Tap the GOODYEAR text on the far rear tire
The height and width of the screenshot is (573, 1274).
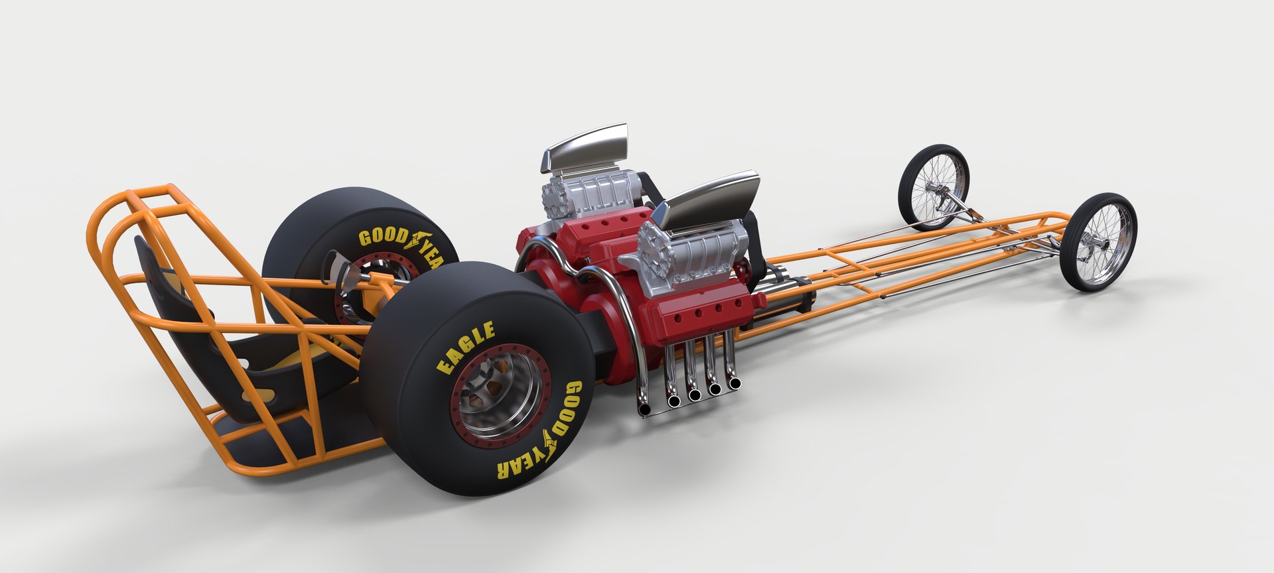coord(405,243)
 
